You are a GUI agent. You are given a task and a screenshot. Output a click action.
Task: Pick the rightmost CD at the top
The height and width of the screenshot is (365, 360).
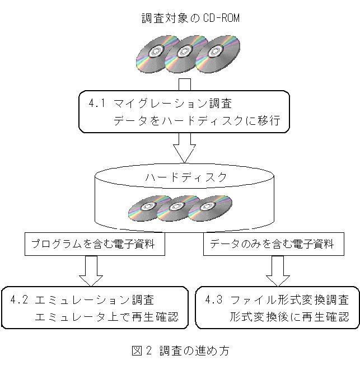click(214, 51)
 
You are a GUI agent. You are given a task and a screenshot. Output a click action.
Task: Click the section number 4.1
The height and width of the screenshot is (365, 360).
click(97, 104)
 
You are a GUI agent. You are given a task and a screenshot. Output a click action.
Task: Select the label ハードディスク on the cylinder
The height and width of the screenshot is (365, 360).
click(186, 177)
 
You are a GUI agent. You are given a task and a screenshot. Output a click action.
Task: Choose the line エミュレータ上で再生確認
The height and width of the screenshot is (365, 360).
click(106, 317)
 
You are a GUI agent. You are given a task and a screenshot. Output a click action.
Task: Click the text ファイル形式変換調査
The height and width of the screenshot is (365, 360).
click(289, 300)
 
